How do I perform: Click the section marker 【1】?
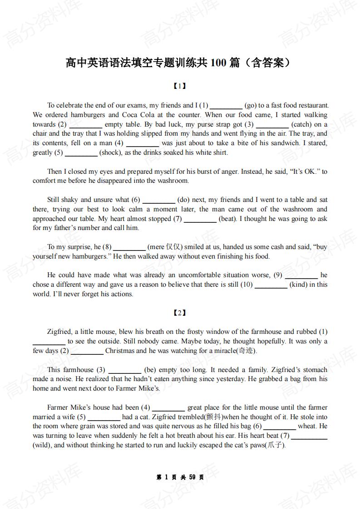180,86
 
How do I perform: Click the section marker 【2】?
180,313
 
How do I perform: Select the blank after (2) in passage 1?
85,124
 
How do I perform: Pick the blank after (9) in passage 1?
301,275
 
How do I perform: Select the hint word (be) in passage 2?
150,370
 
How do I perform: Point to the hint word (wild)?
43,445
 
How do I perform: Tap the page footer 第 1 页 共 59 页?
180,478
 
